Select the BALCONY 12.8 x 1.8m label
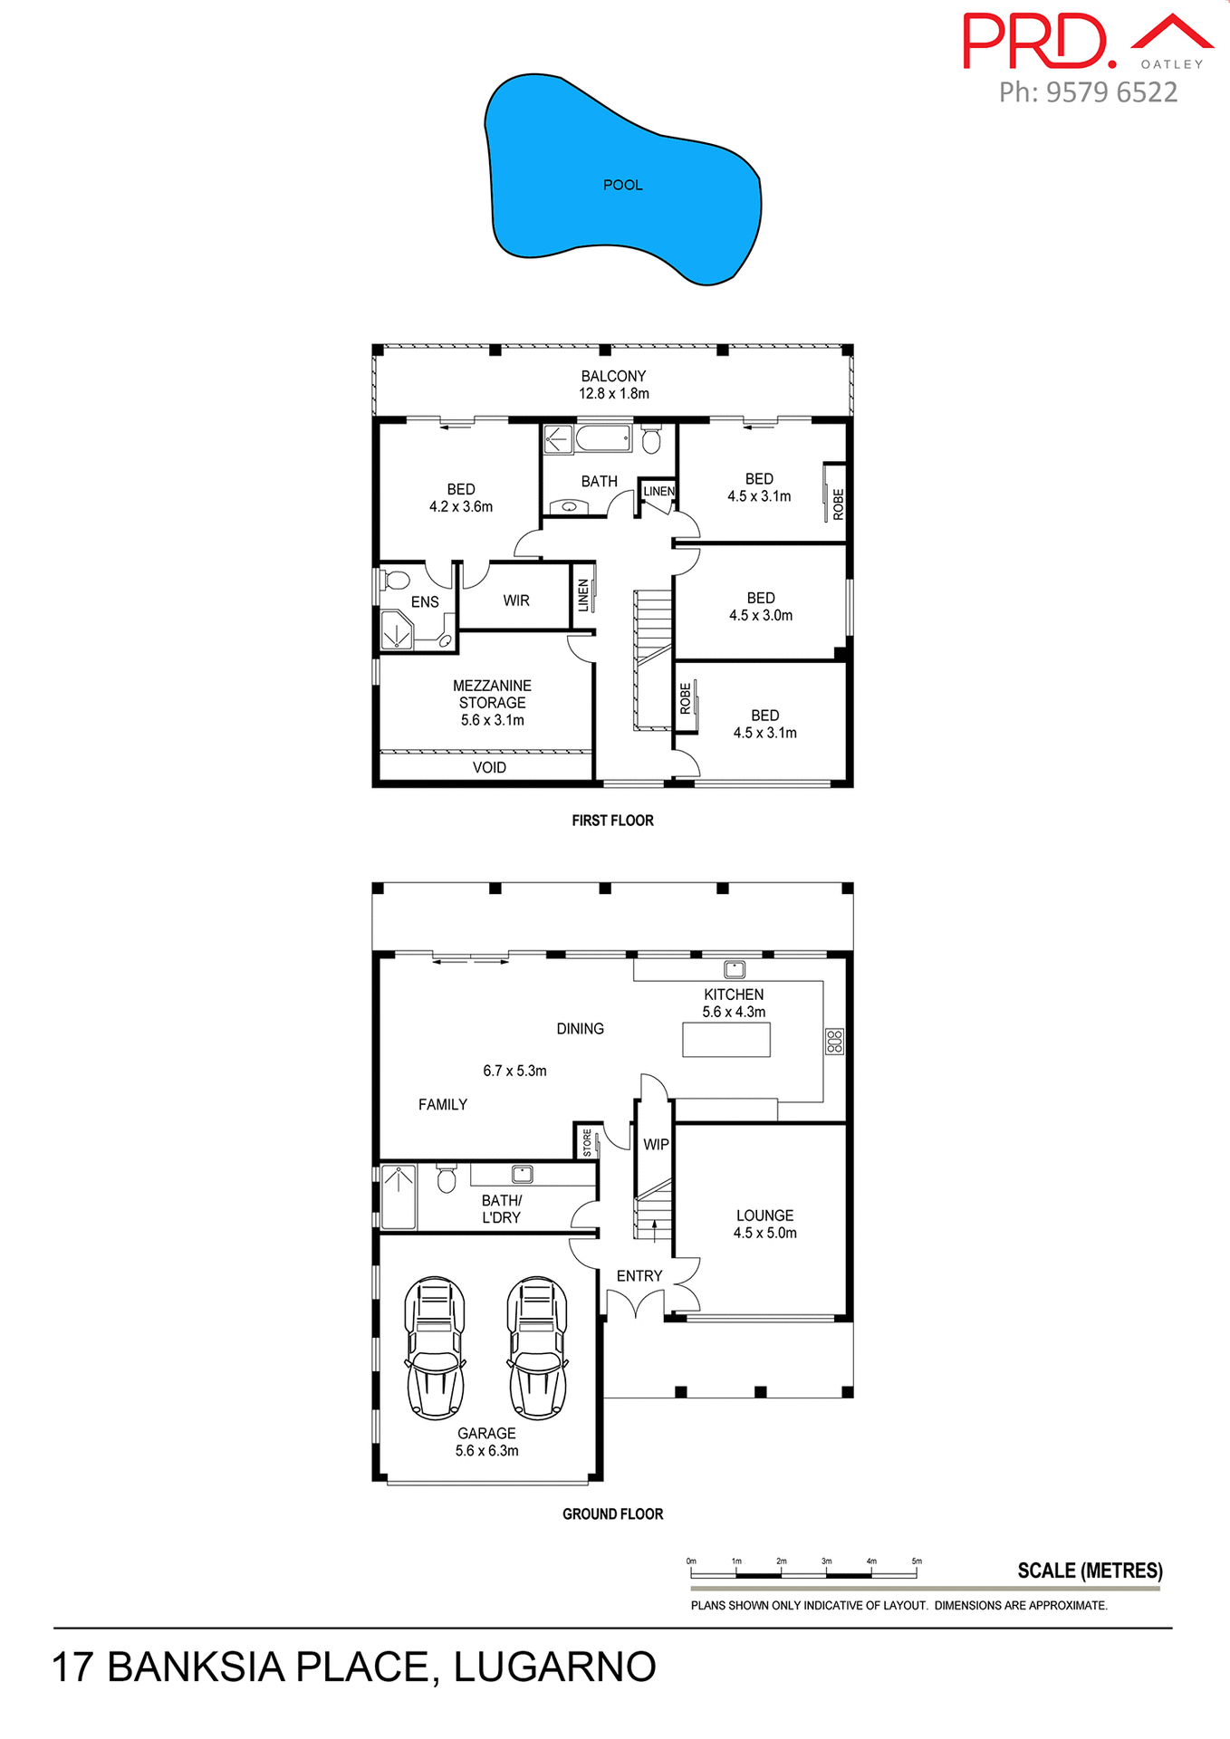(x=613, y=384)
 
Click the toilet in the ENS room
(x=395, y=580)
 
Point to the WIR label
(x=516, y=600)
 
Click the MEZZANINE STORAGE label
(x=492, y=702)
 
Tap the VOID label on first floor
(x=489, y=767)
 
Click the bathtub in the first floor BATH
(x=602, y=439)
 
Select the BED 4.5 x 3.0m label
(x=761, y=606)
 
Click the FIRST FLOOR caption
(x=612, y=821)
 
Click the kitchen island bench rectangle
(x=726, y=1039)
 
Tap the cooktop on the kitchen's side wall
(x=834, y=1041)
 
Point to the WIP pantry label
(x=656, y=1145)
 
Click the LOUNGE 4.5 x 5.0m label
(x=764, y=1224)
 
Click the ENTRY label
(x=639, y=1275)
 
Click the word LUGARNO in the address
(x=554, y=1667)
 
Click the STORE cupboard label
(x=588, y=1142)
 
